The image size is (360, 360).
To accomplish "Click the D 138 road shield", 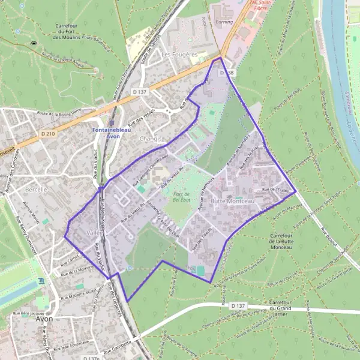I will (x=226, y=72).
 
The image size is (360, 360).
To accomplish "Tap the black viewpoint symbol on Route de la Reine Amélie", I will (x=34, y=44).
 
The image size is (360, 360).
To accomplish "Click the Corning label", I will (x=225, y=21).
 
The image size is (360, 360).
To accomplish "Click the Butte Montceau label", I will (x=233, y=201).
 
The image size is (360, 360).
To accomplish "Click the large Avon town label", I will (x=44, y=319).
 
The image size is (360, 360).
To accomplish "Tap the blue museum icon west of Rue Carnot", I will (x=41, y=281).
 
